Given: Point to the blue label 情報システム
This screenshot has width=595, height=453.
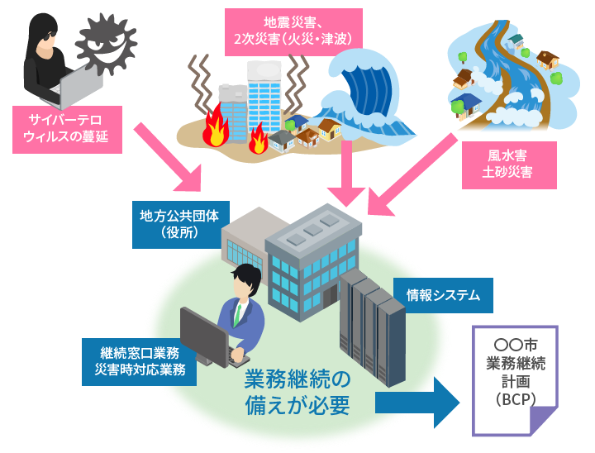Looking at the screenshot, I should point(443,294).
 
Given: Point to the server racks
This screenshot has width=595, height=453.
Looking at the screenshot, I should point(373,315).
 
